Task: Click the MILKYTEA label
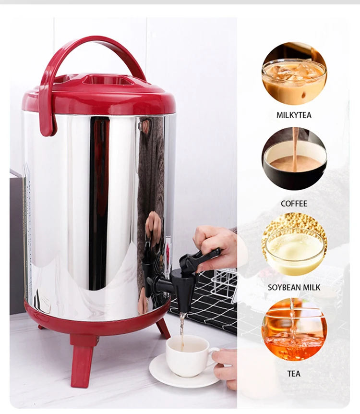[x=294, y=115]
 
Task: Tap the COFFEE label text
[x=294, y=204]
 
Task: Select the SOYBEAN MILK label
[x=294, y=288]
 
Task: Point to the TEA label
[x=294, y=373]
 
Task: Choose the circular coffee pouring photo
[x=294, y=158]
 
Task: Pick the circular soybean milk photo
[x=294, y=245]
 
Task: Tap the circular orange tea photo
[x=294, y=329]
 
